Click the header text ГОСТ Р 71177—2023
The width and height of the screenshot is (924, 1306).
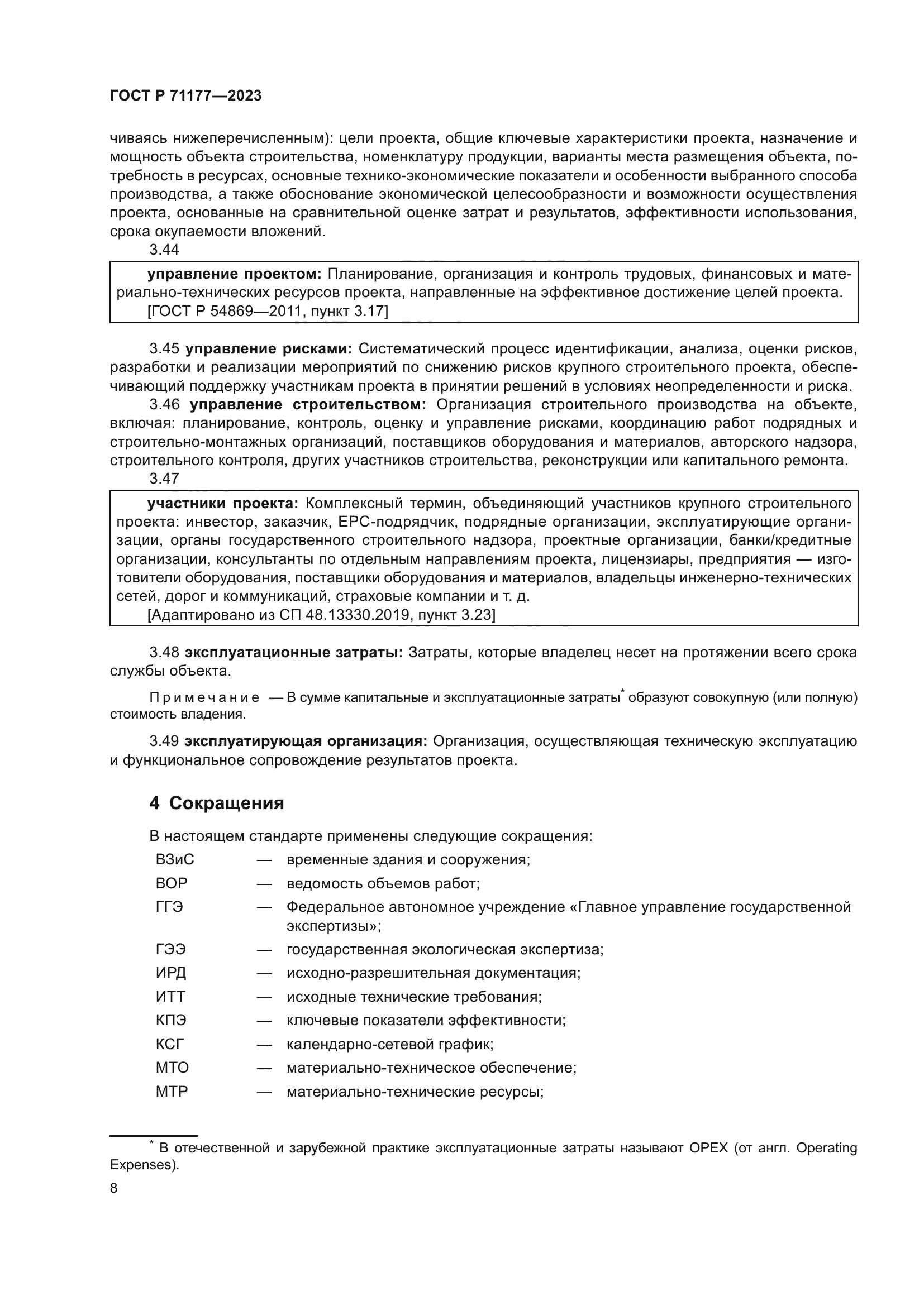185,95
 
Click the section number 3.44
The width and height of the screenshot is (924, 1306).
164,249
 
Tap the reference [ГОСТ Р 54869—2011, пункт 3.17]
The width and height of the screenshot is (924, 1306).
268,311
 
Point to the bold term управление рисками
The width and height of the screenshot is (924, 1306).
269,348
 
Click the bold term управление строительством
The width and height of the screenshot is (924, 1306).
308,404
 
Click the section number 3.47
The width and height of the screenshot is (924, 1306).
164,479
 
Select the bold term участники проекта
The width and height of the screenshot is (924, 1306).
222,504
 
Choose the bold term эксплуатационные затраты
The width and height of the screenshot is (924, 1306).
294,652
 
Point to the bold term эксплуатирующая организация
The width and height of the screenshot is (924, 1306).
306,741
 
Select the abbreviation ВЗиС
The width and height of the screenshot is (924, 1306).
175,859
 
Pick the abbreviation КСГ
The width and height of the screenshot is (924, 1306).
170,1044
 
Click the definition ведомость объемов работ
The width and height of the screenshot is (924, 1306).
383,883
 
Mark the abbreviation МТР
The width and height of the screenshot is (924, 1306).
172,1092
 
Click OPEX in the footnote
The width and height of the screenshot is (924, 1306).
708,1148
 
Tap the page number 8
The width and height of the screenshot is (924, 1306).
114,1188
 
